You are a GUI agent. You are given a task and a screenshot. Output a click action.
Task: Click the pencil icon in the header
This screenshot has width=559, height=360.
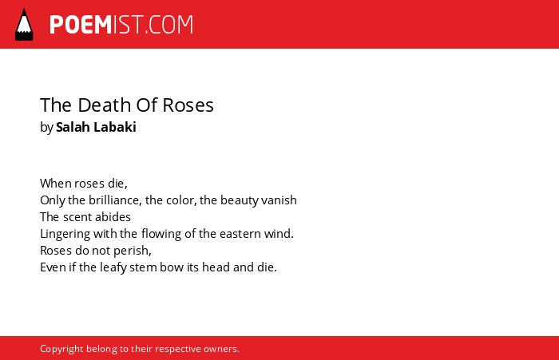click(x=24, y=25)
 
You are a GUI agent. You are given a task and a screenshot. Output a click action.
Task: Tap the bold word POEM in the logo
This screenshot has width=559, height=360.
click(x=81, y=25)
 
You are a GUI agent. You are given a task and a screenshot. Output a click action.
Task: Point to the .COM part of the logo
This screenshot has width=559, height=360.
click(x=168, y=25)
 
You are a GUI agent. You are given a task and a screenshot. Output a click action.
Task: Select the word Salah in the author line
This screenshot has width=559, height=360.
click(x=73, y=127)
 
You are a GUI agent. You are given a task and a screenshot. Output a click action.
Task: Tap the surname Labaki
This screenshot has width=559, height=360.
click(x=114, y=127)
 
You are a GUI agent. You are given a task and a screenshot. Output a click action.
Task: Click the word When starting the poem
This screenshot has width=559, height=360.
click(x=55, y=184)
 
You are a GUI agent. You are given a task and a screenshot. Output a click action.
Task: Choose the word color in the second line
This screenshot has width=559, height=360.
click(x=182, y=200)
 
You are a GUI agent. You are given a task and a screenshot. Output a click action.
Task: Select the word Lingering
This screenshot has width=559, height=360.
click(x=65, y=234)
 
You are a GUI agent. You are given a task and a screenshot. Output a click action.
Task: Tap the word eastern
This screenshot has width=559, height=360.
click(x=240, y=234)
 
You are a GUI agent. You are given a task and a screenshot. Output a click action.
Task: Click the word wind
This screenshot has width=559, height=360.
click(x=279, y=234)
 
